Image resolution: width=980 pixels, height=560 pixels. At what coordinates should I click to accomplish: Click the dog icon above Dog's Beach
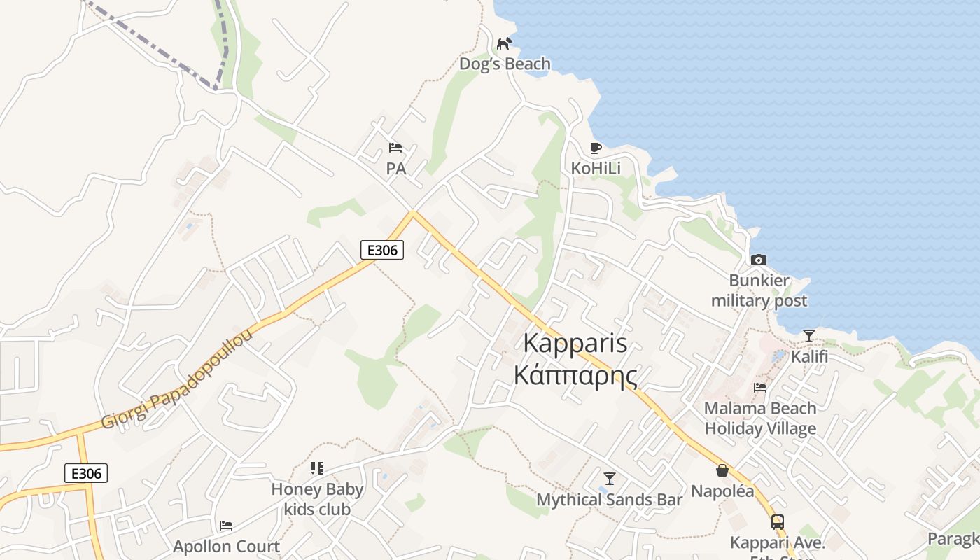[x=504, y=43]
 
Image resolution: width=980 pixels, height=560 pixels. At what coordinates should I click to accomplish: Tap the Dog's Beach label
[x=505, y=64]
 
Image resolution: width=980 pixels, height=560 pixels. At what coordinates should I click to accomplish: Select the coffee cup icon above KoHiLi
[x=596, y=148]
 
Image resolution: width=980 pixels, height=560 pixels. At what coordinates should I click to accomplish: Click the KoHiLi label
[x=596, y=168]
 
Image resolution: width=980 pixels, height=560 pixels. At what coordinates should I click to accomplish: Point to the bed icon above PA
[x=395, y=148]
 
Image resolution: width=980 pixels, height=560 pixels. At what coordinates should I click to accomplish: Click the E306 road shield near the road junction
[x=382, y=250]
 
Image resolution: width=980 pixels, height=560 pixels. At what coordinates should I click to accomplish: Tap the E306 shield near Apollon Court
[x=86, y=473]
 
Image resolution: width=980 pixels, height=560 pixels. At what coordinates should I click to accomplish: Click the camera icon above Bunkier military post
[x=759, y=260]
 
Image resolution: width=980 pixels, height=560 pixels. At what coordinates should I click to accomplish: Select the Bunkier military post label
[x=759, y=290]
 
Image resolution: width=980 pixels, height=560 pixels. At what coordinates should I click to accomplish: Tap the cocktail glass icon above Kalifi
[x=809, y=336]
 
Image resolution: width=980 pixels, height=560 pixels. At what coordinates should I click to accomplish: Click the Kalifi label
[x=809, y=356]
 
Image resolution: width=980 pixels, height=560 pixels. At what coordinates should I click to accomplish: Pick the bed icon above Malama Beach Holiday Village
[x=760, y=387]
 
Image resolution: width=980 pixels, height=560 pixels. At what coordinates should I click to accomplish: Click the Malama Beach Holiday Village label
[x=760, y=418]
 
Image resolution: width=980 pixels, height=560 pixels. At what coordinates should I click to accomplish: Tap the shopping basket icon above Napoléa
[x=722, y=470]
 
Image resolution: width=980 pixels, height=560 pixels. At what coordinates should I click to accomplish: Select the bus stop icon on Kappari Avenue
[x=778, y=521]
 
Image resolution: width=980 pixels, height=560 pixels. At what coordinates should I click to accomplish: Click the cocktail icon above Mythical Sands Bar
[x=610, y=479]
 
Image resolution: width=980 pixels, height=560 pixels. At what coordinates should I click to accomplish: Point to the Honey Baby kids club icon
[x=317, y=468]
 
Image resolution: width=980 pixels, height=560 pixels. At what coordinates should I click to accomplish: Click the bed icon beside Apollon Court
[x=226, y=526]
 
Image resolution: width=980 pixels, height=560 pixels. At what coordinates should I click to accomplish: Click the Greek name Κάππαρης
[x=575, y=376]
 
